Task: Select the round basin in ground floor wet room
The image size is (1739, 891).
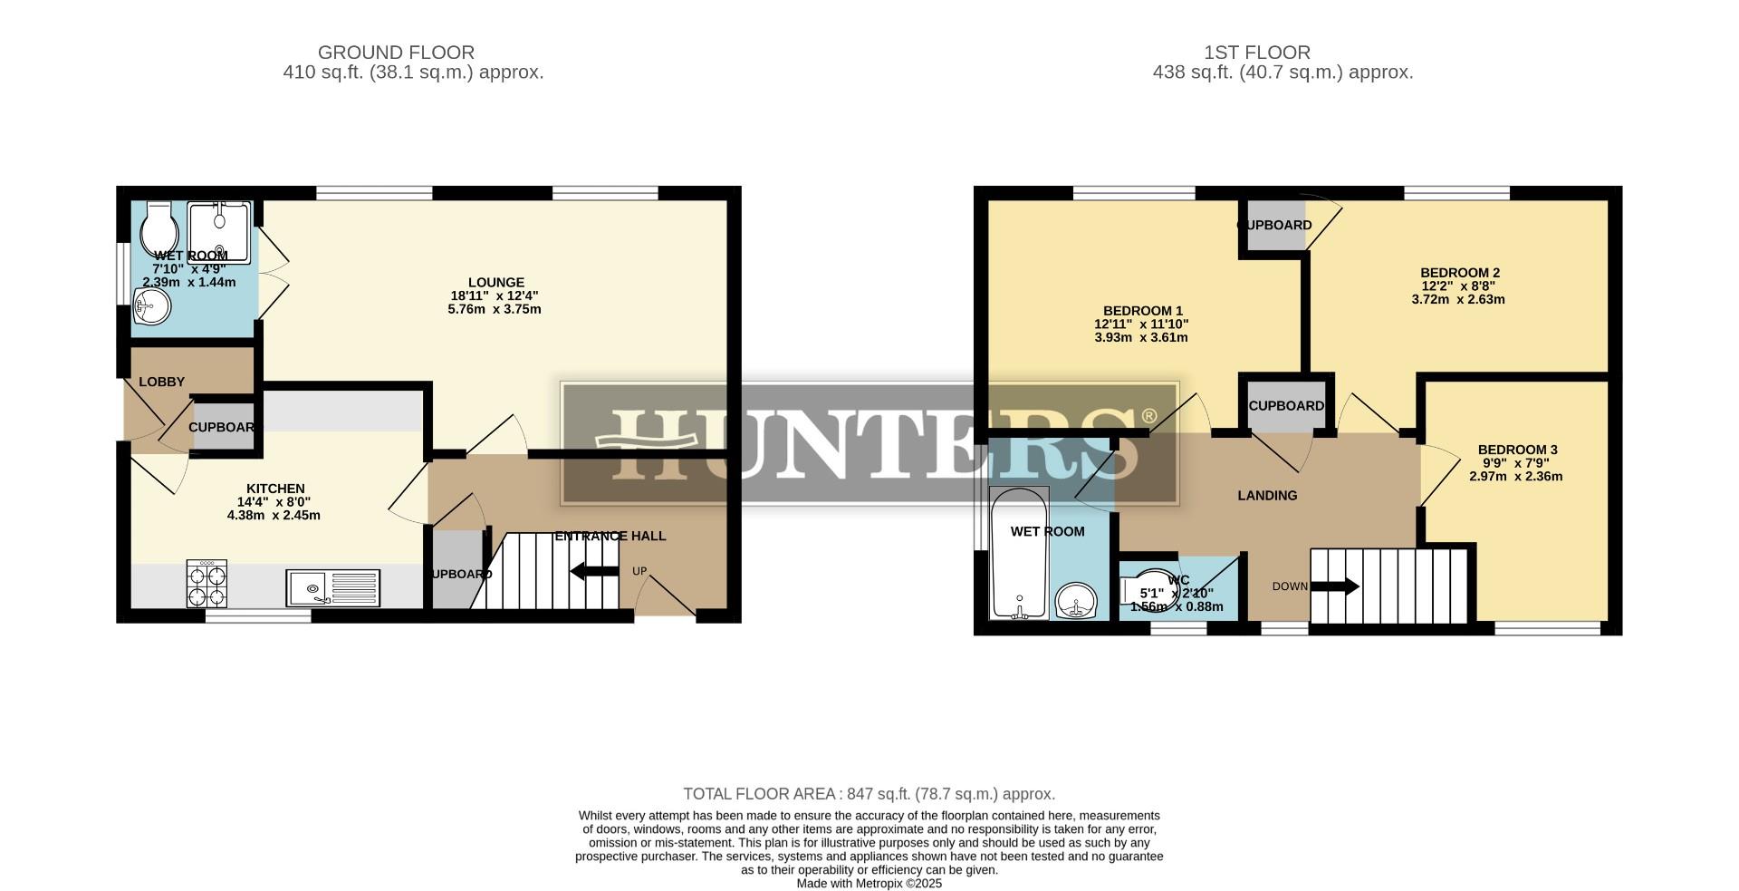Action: tap(152, 306)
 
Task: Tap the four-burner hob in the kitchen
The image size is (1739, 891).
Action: tap(207, 585)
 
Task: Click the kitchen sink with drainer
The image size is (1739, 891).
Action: tap(332, 587)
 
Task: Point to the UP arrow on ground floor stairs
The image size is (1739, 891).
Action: tap(594, 571)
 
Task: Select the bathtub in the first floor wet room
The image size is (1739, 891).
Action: tap(1020, 555)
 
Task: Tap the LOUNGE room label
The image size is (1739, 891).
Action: tap(495, 282)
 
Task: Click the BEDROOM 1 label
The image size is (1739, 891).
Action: tap(1141, 310)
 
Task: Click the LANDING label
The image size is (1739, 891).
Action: tap(1267, 495)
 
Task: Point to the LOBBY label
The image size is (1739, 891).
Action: tap(161, 382)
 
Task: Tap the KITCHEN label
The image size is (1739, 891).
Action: tap(275, 489)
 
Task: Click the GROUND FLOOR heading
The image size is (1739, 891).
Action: tap(396, 53)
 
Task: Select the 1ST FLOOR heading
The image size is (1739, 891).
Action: tap(1282, 53)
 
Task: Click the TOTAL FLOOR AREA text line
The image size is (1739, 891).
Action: tap(869, 794)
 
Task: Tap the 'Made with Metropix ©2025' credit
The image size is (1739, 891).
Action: tap(869, 883)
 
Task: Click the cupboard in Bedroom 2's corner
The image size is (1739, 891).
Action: tap(1273, 225)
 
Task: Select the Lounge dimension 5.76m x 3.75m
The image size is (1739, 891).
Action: tap(495, 309)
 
